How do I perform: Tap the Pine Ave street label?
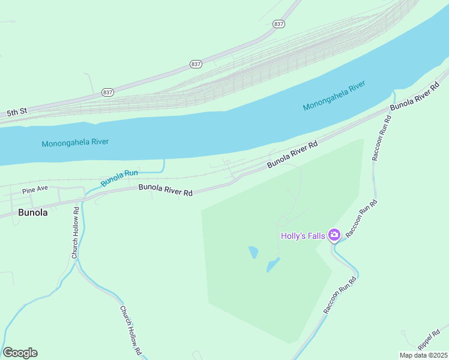point(35,190)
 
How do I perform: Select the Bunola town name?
point(33,212)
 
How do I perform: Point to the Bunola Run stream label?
point(119,178)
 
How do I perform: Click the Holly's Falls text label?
point(303,235)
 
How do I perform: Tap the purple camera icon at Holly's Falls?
point(334,235)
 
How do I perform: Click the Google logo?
point(20,353)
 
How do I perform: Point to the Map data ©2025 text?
point(423,355)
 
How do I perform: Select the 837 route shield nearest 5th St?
point(107,92)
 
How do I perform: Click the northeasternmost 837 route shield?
point(278,23)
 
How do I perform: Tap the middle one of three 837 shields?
point(196,64)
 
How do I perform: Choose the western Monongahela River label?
point(75,142)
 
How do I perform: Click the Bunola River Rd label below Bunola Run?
point(165,190)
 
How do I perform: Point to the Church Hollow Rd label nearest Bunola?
point(76,233)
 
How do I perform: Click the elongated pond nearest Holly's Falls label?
point(273,264)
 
